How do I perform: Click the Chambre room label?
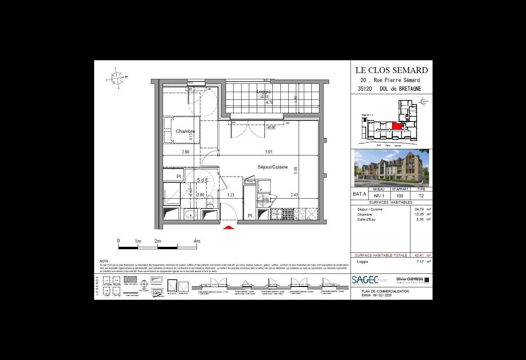coord(185,132)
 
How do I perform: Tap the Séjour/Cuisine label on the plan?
coord(272,167)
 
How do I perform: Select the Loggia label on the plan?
coord(264,92)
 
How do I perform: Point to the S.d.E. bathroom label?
coord(203,180)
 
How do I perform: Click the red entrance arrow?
coord(228,227)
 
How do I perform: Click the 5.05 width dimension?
coord(268,152)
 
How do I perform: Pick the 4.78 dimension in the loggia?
coord(269,102)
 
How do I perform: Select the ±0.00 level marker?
coord(271,127)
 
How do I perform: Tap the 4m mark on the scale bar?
coord(197,241)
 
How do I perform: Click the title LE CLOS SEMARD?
coord(391,70)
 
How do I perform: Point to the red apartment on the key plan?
coord(397,126)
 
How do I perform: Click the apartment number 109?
coord(400,196)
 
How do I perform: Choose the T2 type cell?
coord(421,196)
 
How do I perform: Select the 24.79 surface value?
coord(419,209)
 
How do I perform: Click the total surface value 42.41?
coord(419,255)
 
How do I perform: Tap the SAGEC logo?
coord(365,280)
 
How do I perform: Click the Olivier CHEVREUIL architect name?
coord(410,279)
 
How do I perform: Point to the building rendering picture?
coord(391,168)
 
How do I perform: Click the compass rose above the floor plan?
coord(117,78)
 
